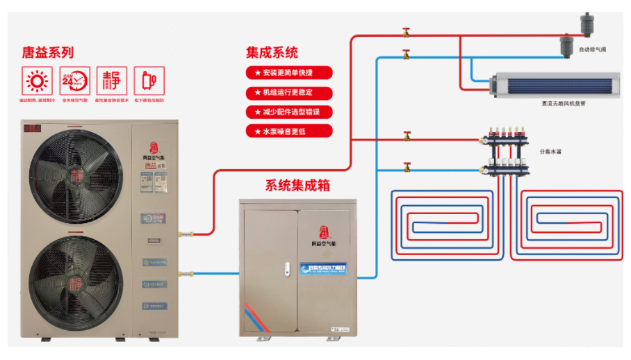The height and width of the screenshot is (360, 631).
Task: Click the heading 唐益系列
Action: (x=48, y=52)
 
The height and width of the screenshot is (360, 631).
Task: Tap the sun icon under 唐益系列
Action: (x=35, y=81)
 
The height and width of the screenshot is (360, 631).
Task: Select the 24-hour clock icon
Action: (x=74, y=81)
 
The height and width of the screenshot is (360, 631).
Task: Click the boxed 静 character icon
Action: (x=111, y=81)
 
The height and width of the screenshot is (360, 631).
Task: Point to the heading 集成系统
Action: (x=272, y=52)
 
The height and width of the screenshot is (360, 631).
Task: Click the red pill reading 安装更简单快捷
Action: (x=288, y=73)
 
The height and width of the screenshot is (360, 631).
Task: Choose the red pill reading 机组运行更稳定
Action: (x=288, y=92)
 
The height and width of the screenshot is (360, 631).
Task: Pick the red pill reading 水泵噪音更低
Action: (x=288, y=131)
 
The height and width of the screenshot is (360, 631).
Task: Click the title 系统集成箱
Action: (x=297, y=186)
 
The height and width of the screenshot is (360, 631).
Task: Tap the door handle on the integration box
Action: (x=286, y=268)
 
